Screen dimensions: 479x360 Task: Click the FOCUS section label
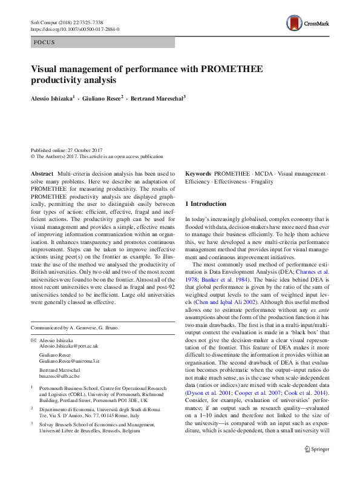(44, 42)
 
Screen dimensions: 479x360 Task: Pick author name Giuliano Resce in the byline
(104, 97)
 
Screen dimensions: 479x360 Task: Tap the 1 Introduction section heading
(206, 204)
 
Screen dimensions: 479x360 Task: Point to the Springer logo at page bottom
(316, 466)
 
